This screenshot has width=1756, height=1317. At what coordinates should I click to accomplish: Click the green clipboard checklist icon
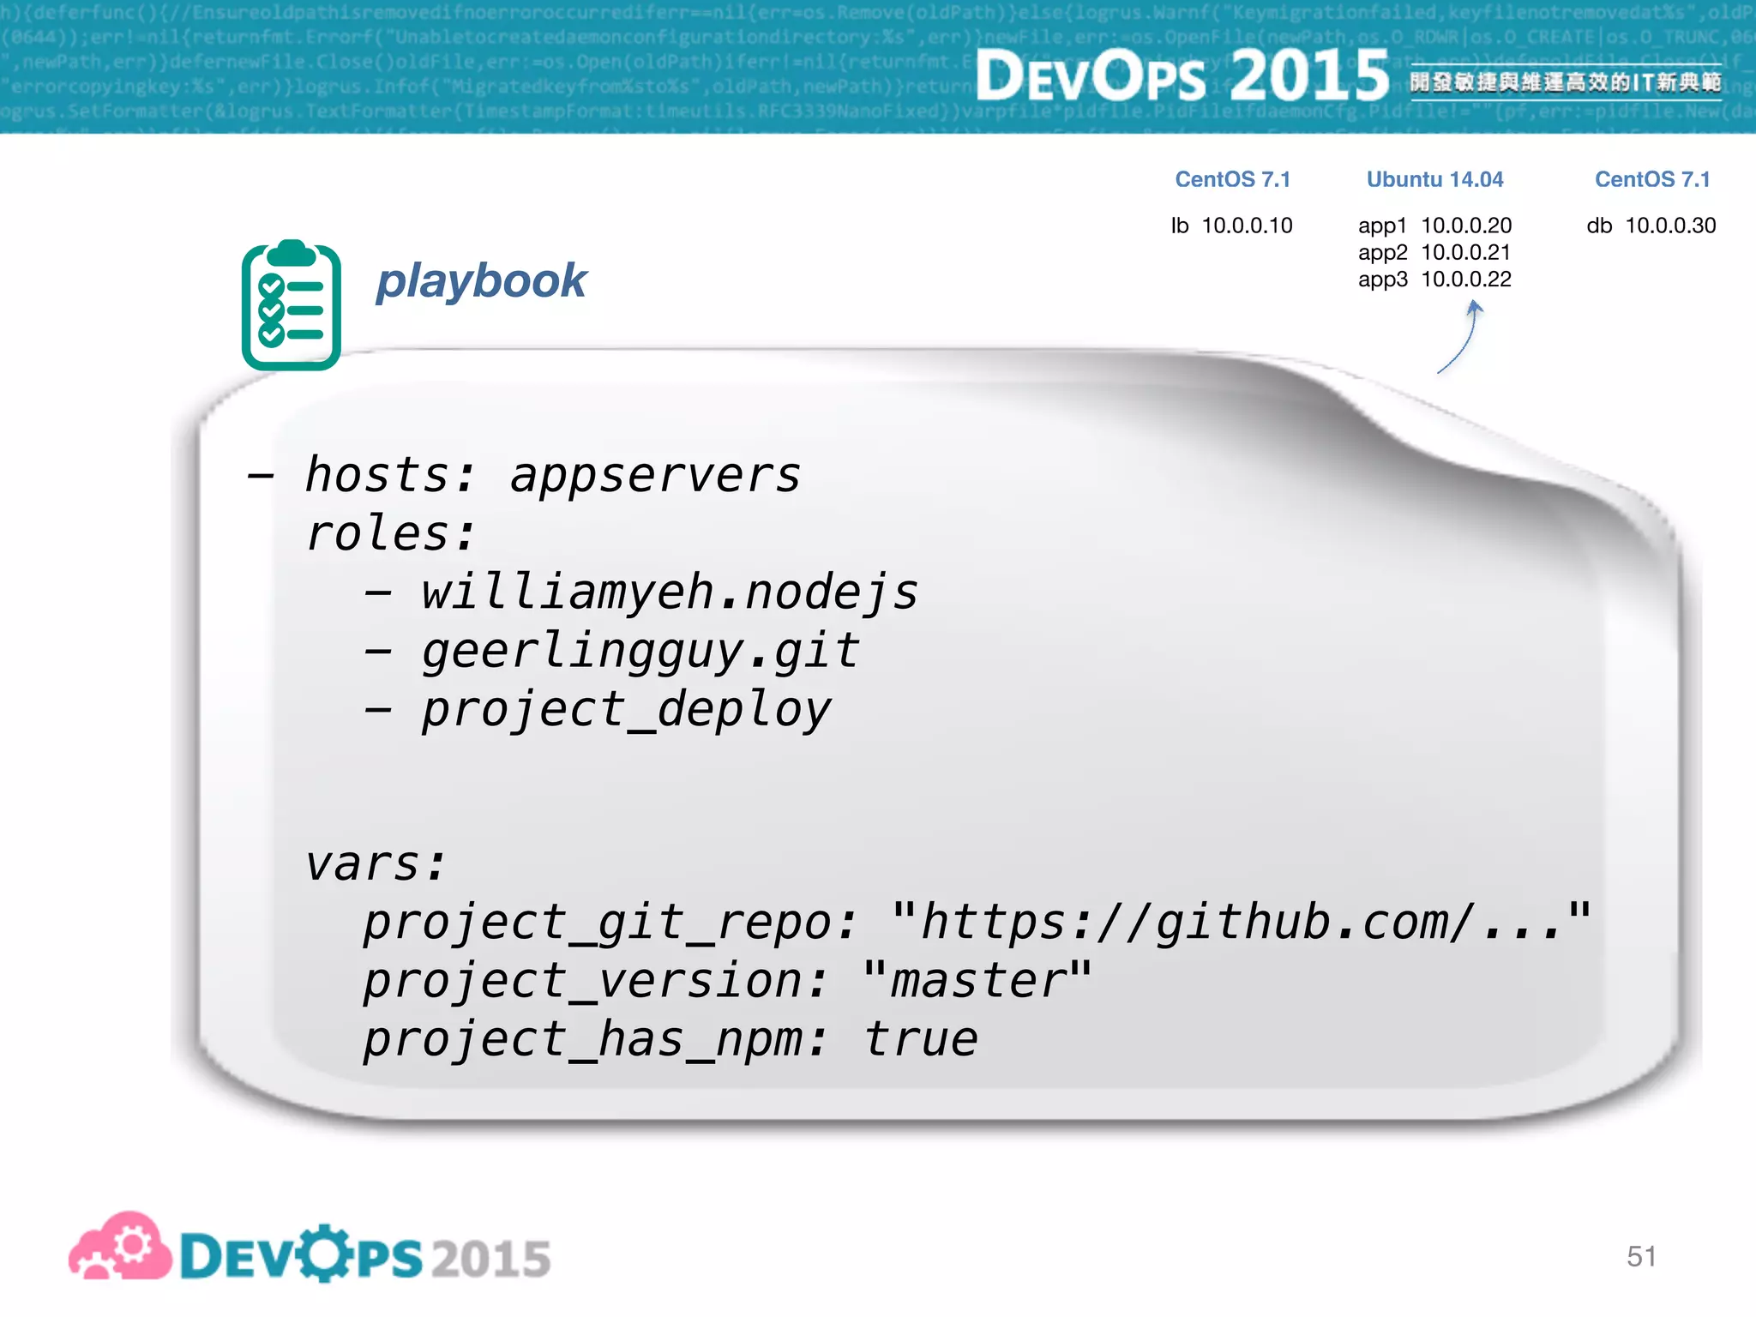tap(292, 306)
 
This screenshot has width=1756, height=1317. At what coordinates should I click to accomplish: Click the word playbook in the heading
tap(481, 281)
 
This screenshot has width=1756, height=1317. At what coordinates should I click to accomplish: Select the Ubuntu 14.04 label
tap(1434, 179)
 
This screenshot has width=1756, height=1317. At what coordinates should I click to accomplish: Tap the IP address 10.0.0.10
tap(1247, 226)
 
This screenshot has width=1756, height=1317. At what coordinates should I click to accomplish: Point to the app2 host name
tap(1382, 252)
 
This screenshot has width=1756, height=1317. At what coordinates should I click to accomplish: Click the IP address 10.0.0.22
tap(1466, 280)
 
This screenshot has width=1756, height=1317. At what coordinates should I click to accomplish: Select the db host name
tap(1599, 226)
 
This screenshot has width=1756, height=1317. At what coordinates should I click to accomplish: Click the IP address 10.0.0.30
tap(1670, 226)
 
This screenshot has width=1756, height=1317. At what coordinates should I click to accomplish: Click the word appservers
tap(655, 475)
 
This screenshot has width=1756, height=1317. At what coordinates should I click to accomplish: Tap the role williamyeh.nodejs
tap(669, 592)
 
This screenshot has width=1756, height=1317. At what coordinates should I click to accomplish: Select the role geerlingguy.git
tap(640, 652)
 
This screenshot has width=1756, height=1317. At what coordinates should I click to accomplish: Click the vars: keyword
tap(376, 863)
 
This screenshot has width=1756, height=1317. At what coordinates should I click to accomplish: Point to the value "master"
tap(977, 980)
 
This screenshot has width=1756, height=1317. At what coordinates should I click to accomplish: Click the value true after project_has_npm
tap(920, 1039)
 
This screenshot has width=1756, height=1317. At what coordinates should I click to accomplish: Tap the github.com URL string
tap(1241, 922)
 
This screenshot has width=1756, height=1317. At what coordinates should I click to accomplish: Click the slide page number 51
tap(1641, 1256)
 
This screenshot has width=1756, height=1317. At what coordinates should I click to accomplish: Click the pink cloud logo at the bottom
tap(120, 1248)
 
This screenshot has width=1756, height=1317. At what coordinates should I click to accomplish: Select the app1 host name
tap(1382, 226)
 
